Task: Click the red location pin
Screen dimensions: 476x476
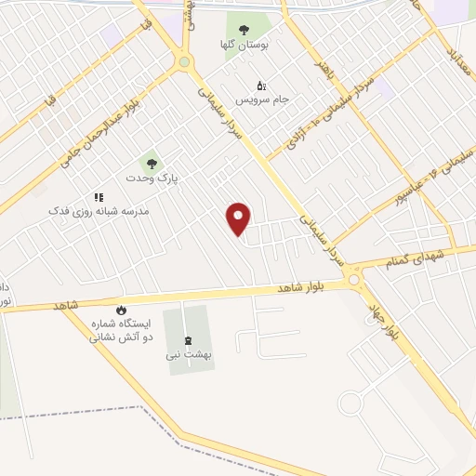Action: click(239, 218)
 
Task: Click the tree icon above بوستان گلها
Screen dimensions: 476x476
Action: click(245, 30)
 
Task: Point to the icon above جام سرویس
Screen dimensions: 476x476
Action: click(261, 85)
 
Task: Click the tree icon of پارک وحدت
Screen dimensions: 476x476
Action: click(152, 163)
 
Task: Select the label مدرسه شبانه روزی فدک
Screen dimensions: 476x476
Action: click(99, 211)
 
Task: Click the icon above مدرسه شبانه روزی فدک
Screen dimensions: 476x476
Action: click(99, 196)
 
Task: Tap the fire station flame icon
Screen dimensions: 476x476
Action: click(120, 310)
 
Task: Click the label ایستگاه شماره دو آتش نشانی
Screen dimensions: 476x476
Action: click(119, 331)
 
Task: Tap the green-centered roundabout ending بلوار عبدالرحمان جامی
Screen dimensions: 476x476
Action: click(185, 62)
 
